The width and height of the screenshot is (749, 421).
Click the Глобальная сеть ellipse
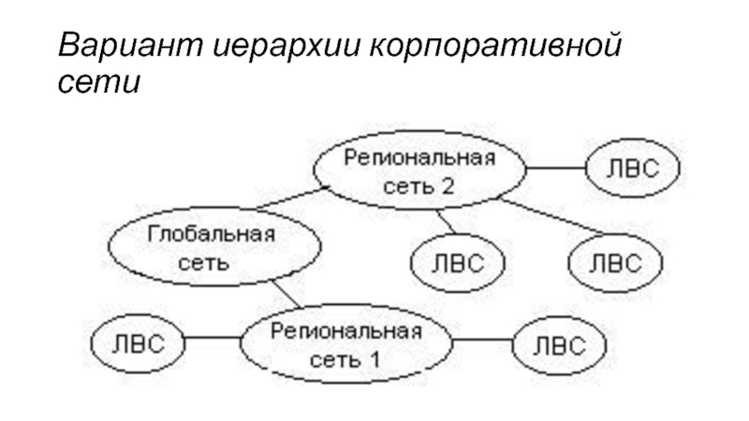coord(211,247)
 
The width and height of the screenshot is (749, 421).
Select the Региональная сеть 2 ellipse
coord(419,170)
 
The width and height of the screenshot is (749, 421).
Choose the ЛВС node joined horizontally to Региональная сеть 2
coord(632,169)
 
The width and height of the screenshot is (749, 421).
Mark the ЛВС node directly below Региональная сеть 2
coord(458,261)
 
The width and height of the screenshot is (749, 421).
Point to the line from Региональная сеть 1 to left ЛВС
coord(212,342)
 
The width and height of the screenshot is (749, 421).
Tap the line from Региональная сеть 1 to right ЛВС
coord(482,342)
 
